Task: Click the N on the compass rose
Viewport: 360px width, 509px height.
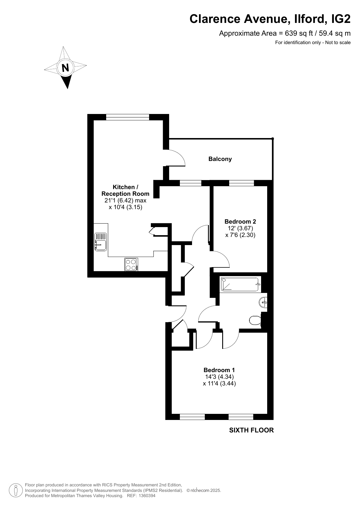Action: coord(65,68)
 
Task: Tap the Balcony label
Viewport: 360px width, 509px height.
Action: coord(220,159)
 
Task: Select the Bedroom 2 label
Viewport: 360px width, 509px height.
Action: coord(240,222)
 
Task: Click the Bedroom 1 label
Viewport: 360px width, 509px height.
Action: coord(219,370)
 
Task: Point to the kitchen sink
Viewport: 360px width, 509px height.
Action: coord(100,242)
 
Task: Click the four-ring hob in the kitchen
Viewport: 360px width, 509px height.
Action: coord(131,265)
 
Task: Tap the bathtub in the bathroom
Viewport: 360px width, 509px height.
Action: coord(240,285)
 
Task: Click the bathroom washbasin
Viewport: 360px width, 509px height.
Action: coord(263,302)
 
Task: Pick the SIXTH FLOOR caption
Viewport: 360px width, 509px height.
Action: coord(252,430)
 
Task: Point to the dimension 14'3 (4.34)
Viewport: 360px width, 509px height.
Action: coord(219,377)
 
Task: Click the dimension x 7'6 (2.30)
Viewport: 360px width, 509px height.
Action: coord(240,235)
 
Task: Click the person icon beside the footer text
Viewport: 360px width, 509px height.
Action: coord(16,490)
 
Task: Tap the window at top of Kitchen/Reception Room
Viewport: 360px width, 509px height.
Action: coord(128,117)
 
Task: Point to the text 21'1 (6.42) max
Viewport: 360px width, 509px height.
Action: coord(125,200)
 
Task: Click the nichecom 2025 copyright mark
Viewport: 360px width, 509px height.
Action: coord(204,490)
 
